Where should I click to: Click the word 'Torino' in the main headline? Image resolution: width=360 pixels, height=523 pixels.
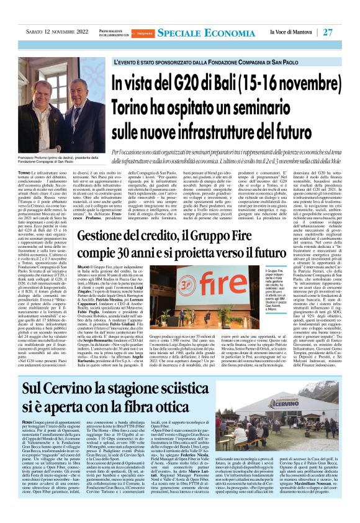(x=135, y=106)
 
